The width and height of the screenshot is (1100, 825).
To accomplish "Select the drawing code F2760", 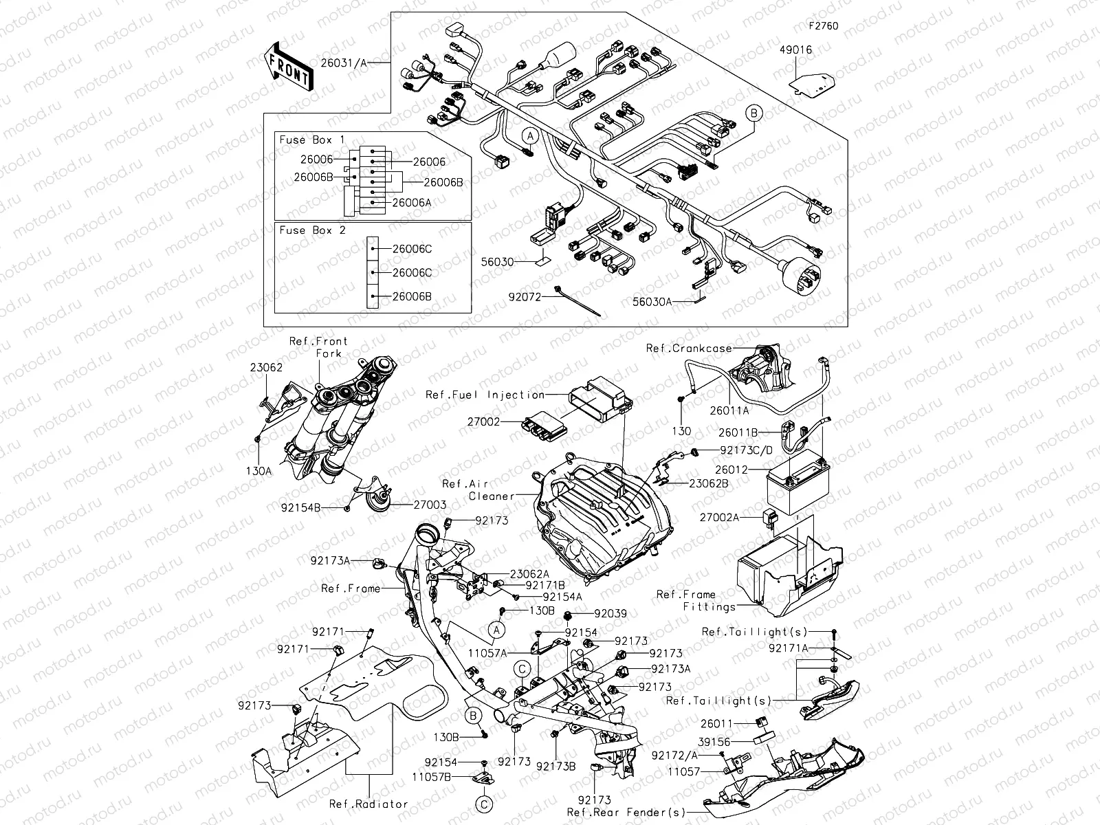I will (824, 26).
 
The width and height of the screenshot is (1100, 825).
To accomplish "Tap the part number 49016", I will (795, 49).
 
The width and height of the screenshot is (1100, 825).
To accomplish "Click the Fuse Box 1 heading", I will (312, 140).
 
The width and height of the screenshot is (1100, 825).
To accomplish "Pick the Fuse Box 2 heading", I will (312, 230).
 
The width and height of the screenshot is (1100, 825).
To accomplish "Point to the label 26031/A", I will (344, 63).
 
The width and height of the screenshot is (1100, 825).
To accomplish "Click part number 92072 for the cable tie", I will (525, 298).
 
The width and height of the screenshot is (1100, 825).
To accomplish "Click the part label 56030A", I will (652, 301).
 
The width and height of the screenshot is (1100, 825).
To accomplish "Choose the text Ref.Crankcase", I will (689, 349).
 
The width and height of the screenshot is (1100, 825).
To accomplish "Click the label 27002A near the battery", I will (719, 518).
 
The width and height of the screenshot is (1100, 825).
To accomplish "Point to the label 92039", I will (610, 613).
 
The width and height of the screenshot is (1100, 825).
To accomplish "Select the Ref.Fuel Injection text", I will (485, 395).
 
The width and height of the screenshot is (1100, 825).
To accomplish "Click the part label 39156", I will (715, 742).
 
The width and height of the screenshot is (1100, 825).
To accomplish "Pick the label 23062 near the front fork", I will (266, 368).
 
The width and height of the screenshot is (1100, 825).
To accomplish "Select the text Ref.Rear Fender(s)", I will (626, 813).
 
